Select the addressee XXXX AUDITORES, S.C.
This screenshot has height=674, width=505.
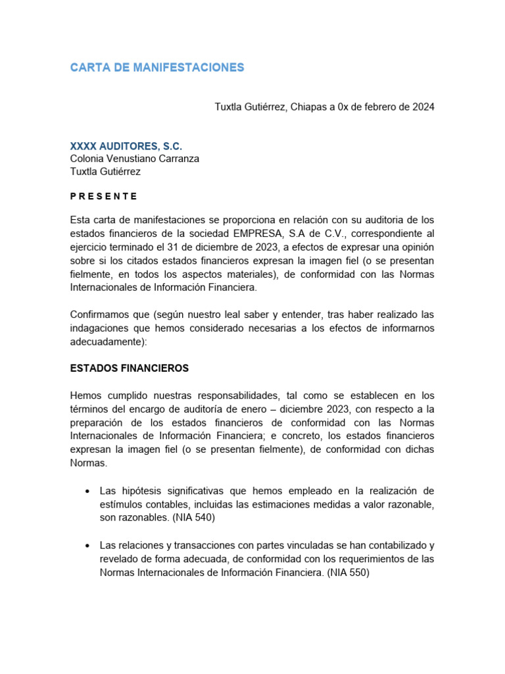click(x=126, y=145)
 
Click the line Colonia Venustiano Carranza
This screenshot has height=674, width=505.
click(x=134, y=159)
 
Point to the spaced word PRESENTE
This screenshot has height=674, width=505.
click(x=104, y=196)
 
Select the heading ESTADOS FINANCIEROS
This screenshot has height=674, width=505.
click(x=130, y=369)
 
